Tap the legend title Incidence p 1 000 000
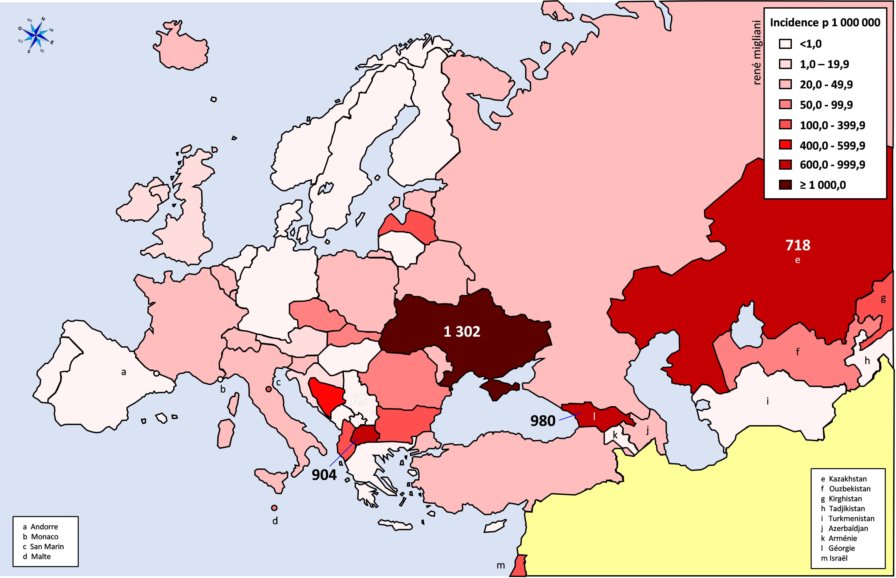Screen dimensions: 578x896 pos(825,23)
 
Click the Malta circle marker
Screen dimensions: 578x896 pos(274,508)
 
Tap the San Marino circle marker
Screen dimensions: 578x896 pos(268,389)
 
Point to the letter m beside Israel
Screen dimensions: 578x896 pos(501,565)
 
